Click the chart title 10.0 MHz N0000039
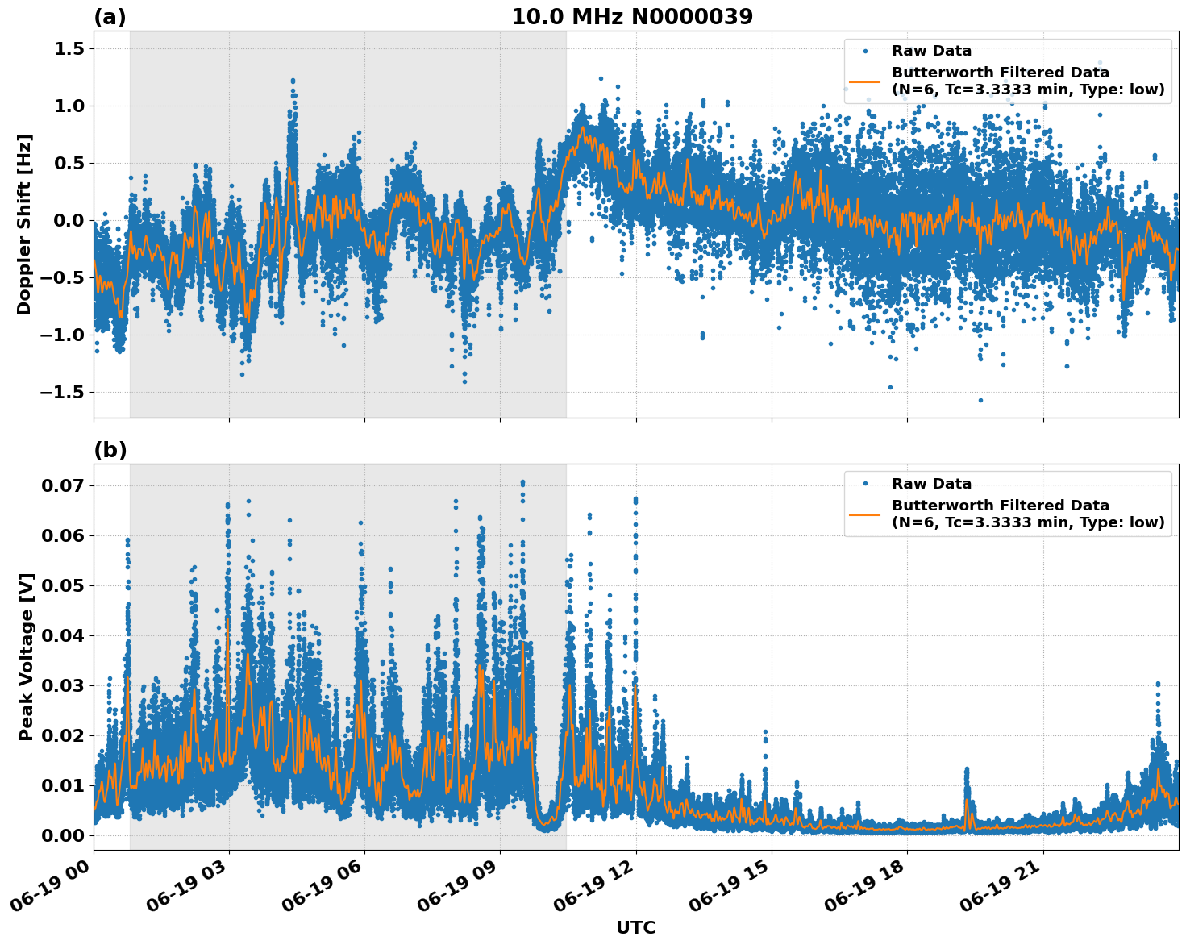(x=632, y=17)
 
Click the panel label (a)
(x=110, y=17)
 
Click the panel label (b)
(x=110, y=450)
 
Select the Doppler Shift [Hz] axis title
(x=24, y=224)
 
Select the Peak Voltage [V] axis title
(x=27, y=657)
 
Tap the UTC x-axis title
(x=635, y=927)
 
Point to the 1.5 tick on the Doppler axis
(x=70, y=49)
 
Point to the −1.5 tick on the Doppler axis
(x=65, y=393)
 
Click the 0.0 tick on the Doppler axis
(x=70, y=221)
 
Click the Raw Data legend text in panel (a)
(x=931, y=51)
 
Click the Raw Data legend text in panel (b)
(x=931, y=484)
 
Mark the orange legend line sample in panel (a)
(x=865, y=81)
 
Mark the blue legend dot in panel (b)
(x=865, y=484)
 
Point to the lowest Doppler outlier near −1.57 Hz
(x=980, y=400)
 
